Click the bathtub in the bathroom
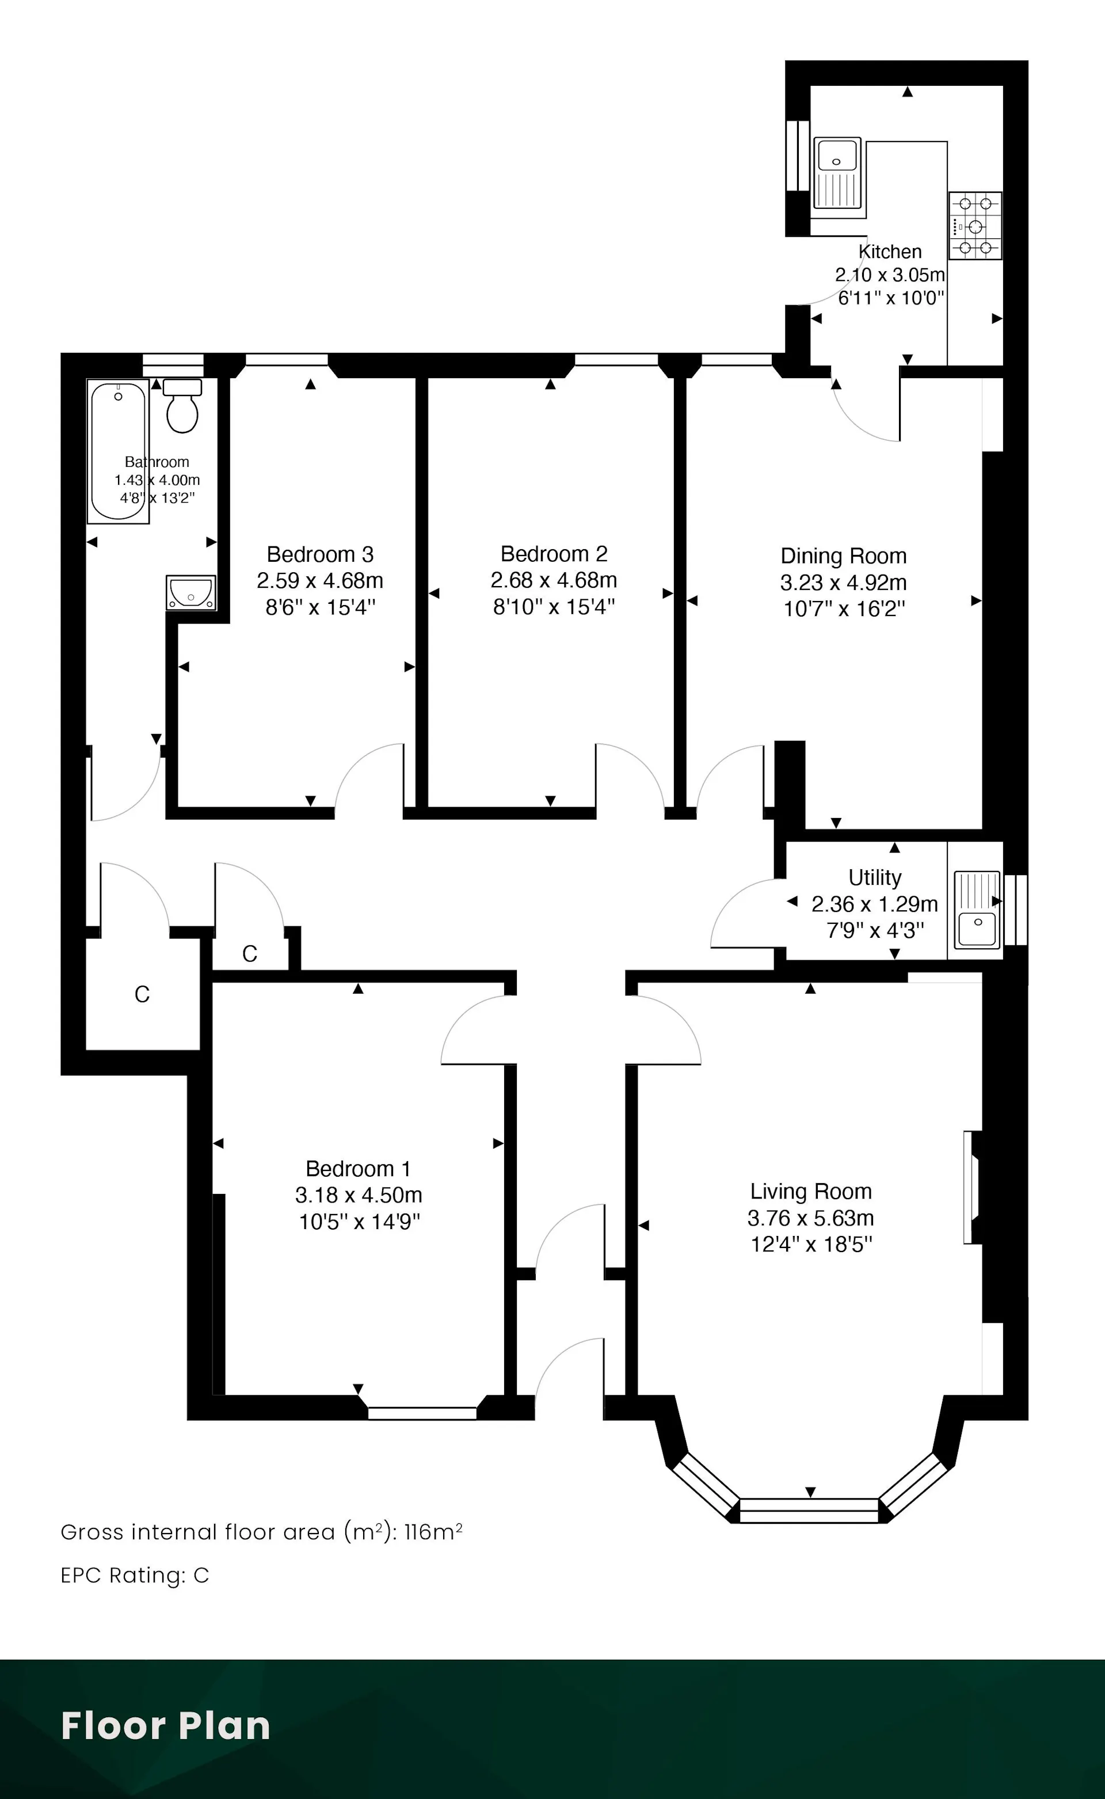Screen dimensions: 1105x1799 pyautogui.click(x=119, y=451)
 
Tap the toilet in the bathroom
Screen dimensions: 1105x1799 pyautogui.click(x=182, y=406)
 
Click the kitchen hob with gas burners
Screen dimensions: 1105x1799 pyautogui.click(x=975, y=226)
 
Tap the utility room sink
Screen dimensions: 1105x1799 pyautogui.click(x=977, y=910)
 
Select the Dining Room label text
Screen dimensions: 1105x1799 pyautogui.click(x=843, y=556)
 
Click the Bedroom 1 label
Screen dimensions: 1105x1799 pyautogui.click(x=358, y=1169)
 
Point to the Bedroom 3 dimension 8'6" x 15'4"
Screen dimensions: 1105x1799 pyautogui.click(x=320, y=607)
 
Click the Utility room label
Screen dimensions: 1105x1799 pyautogui.click(x=875, y=877)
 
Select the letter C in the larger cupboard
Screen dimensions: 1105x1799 pyautogui.click(x=142, y=995)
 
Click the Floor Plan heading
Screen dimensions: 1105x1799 pyautogui.click(x=166, y=1726)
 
